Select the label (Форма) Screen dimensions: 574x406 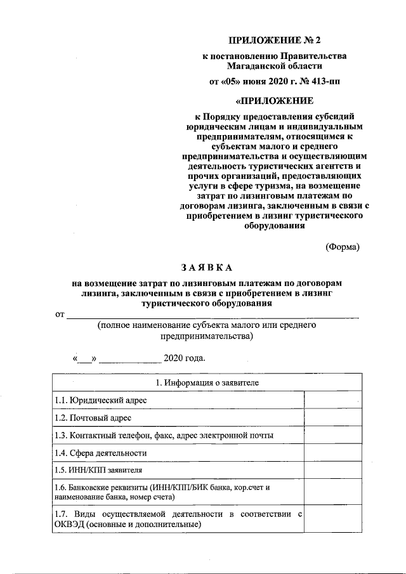pyautogui.click(x=342, y=247)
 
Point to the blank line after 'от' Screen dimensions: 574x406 pyautogui.click(x=212, y=313)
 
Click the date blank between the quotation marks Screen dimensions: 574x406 pyautogui.click(x=85, y=358)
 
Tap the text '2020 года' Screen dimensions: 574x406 pyautogui.click(x=185, y=358)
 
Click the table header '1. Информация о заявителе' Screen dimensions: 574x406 pyautogui.click(x=207, y=383)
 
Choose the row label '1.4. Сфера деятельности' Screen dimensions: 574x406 pyautogui.click(x=100, y=453)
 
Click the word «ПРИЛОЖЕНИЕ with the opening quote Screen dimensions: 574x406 pyautogui.click(x=274, y=101)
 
